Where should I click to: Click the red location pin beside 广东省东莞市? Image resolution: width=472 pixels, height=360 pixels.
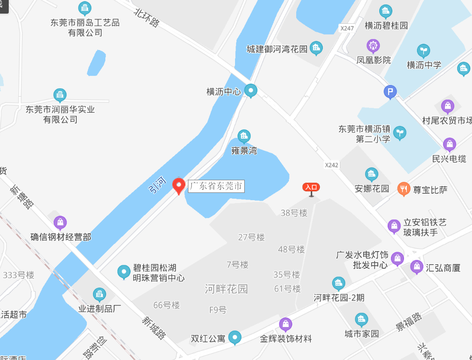coord(179,186)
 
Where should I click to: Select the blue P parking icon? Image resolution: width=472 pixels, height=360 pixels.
coord(390,91)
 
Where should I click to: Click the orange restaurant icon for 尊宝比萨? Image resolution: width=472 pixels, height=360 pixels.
coord(404,189)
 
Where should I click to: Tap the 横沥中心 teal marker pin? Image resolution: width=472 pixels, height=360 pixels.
coord(251,90)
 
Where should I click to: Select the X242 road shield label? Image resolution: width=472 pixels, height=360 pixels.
coord(332,165)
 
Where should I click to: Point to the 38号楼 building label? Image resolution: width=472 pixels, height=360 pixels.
coord(294,212)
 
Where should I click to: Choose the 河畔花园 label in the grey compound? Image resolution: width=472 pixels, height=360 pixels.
coord(226,289)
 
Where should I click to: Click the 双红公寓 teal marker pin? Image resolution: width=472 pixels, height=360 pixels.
coord(235,337)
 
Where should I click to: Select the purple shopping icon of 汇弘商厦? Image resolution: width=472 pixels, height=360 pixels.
coord(416,266)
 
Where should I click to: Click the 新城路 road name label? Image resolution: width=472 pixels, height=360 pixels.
coord(154,328)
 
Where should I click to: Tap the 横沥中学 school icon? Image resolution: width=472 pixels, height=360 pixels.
coord(423,51)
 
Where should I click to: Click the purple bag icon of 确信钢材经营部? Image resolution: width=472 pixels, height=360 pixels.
coord(60,223)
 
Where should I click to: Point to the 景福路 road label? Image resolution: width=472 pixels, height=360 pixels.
coord(408,322)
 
